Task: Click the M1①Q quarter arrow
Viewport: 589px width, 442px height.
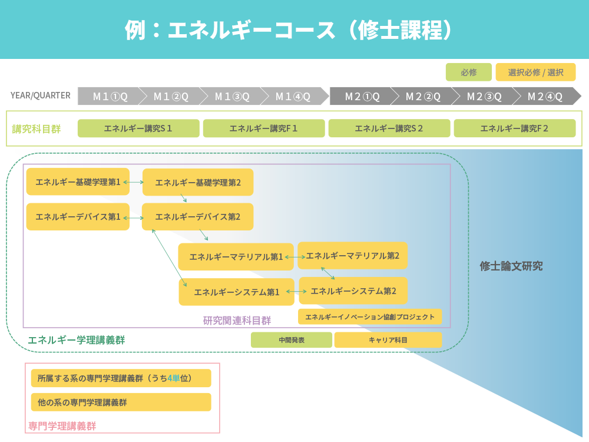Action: pyautogui.click(x=110, y=96)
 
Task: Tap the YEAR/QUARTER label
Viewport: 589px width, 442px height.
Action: pyautogui.click(x=40, y=95)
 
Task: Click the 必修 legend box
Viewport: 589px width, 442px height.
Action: pyautogui.click(x=468, y=72)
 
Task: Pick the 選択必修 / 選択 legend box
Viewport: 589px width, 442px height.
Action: pyautogui.click(x=535, y=72)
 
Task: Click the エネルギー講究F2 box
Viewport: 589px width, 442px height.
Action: pyautogui.click(x=514, y=128)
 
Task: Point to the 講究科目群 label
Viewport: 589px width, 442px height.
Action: pyautogui.click(x=37, y=128)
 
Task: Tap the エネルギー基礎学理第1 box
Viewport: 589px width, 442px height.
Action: pyautogui.click(x=78, y=182)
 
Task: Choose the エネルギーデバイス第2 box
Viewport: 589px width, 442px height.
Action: pyautogui.click(x=198, y=217)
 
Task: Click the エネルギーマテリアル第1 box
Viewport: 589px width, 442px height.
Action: pyautogui.click(x=236, y=257)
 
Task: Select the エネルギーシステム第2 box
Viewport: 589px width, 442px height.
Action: pyautogui.click(x=353, y=291)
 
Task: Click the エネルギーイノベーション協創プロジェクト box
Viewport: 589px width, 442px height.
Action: pyautogui.click(x=369, y=316)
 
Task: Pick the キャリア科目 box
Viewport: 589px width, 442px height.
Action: pyautogui.click(x=388, y=340)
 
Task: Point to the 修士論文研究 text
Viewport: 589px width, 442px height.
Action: pyautogui.click(x=511, y=266)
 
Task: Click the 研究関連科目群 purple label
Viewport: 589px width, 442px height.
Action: pyautogui.click(x=237, y=321)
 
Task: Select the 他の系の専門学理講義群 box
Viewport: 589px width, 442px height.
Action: pyautogui.click(x=121, y=403)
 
